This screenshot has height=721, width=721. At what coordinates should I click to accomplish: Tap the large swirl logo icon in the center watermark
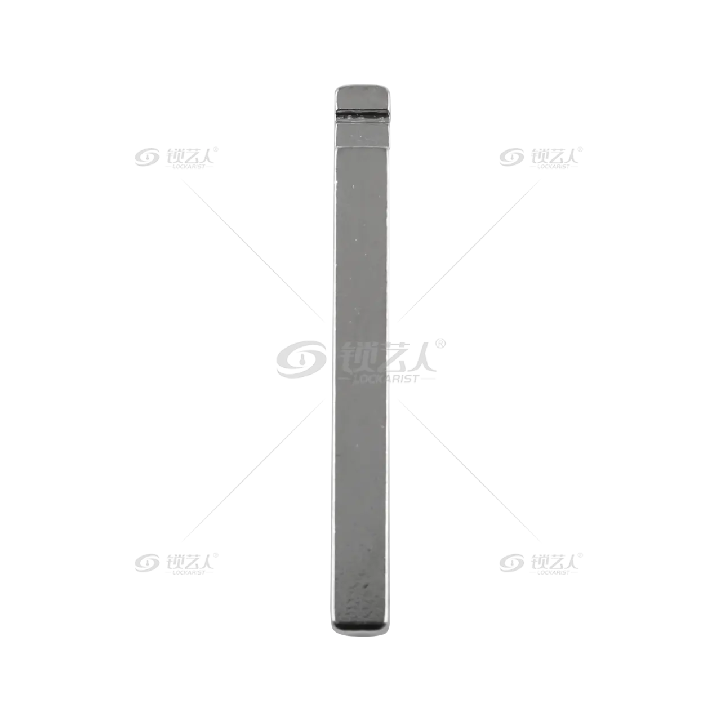301,359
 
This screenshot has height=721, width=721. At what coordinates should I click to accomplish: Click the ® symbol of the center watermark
440,344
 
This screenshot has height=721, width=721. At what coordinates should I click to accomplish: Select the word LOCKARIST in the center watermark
386,379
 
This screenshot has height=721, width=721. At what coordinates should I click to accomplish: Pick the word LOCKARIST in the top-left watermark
189,167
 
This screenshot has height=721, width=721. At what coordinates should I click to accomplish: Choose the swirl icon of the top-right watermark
511,157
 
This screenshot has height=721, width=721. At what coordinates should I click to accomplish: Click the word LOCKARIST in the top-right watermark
553,167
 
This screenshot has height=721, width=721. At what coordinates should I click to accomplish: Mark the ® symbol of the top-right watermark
580,150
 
